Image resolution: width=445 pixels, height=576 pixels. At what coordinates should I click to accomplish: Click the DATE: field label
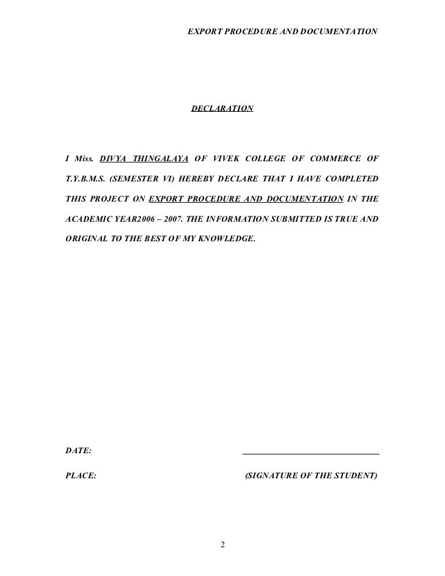[x=78, y=451]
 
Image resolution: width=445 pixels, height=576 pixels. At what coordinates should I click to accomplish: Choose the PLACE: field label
[x=81, y=475]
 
